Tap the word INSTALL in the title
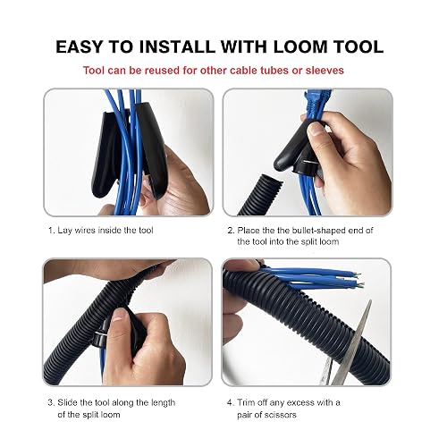point(177,47)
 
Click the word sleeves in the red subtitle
point(325,71)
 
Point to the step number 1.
point(51,231)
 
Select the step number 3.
point(51,403)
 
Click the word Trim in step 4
point(245,403)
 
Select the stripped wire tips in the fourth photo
point(358,280)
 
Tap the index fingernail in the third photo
point(120,315)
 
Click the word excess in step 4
point(299,403)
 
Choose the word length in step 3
point(164,403)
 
